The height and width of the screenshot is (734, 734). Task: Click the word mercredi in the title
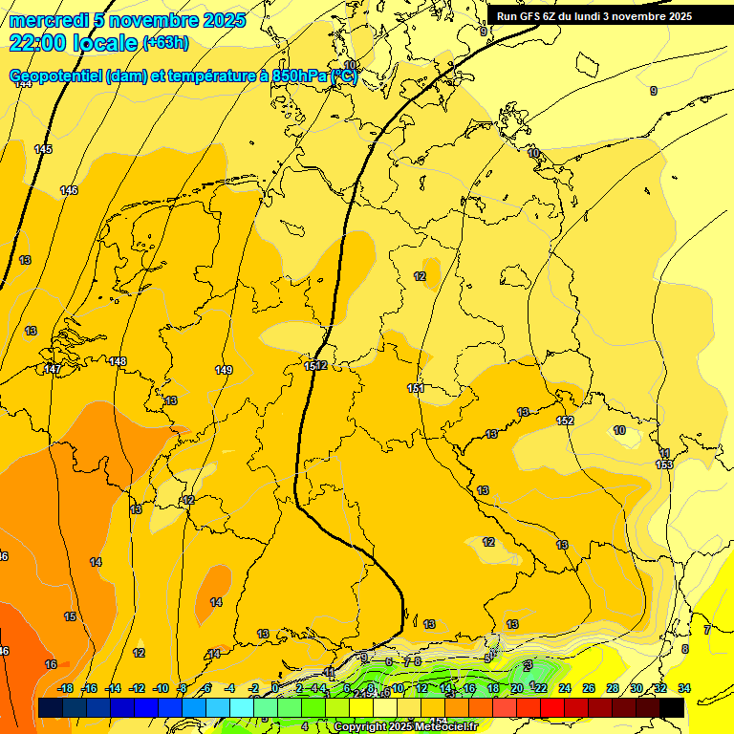(49, 20)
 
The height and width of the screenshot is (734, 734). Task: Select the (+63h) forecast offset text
(165, 43)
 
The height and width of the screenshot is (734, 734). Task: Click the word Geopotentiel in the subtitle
(56, 76)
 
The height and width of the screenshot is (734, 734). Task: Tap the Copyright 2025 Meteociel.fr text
(405, 726)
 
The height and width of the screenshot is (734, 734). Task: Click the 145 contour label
(43, 149)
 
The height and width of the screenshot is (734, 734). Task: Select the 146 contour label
(69, 190)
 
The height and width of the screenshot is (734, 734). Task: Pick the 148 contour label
(118, 361)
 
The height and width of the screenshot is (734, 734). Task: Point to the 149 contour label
(224, 370)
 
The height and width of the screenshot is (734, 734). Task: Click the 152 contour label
(565, 421)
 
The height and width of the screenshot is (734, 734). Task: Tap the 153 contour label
(664, 464)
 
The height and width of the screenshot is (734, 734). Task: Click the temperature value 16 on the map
(51, 664)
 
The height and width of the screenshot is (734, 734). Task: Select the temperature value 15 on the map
(70, 616)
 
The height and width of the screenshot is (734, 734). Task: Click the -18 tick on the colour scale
(65, 688)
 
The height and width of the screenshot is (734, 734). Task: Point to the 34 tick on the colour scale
(684, 688)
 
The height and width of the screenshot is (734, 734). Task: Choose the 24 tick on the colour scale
(565, 688)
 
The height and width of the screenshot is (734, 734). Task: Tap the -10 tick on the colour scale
(161, 688)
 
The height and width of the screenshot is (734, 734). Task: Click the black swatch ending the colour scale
(672, 706)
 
